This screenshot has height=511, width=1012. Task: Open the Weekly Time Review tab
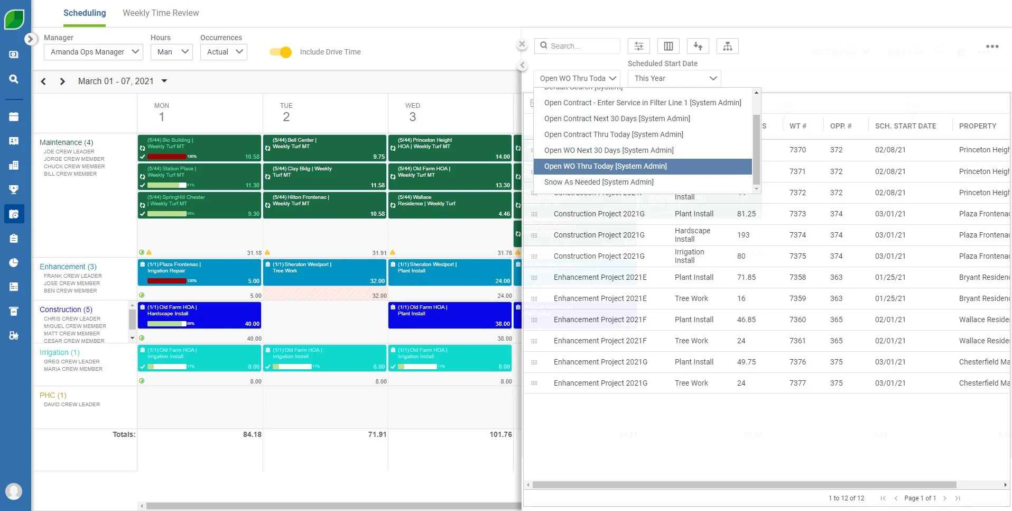[161, 13]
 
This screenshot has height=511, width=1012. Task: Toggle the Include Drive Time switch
[281, 52]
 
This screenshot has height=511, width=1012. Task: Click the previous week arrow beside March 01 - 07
[44, 81]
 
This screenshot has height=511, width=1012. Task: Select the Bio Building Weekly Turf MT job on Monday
[200, 148]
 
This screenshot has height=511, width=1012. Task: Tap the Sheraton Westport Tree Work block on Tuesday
[325, 272]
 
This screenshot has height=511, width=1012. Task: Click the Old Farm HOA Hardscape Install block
[200, 315]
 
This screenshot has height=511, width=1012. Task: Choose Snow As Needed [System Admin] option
[599, 182]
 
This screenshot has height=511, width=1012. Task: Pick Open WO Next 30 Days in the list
[609, 150]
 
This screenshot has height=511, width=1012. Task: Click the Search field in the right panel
[581, 46]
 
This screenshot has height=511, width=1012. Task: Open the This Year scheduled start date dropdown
[674, 78]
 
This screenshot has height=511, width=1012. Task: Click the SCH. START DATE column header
[905, 126]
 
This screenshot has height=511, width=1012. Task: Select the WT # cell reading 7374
[797, 235]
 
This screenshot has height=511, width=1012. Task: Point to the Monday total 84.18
[252, 434]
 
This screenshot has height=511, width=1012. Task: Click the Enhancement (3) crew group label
[68, 267]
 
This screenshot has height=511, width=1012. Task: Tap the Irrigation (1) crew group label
[60, 352]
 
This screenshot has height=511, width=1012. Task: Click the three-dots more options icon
[992, 47]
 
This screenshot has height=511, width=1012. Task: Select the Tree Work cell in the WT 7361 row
[691, 341]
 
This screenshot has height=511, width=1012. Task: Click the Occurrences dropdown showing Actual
[224, 52]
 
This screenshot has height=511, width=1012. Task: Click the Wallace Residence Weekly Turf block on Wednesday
[450, 205]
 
